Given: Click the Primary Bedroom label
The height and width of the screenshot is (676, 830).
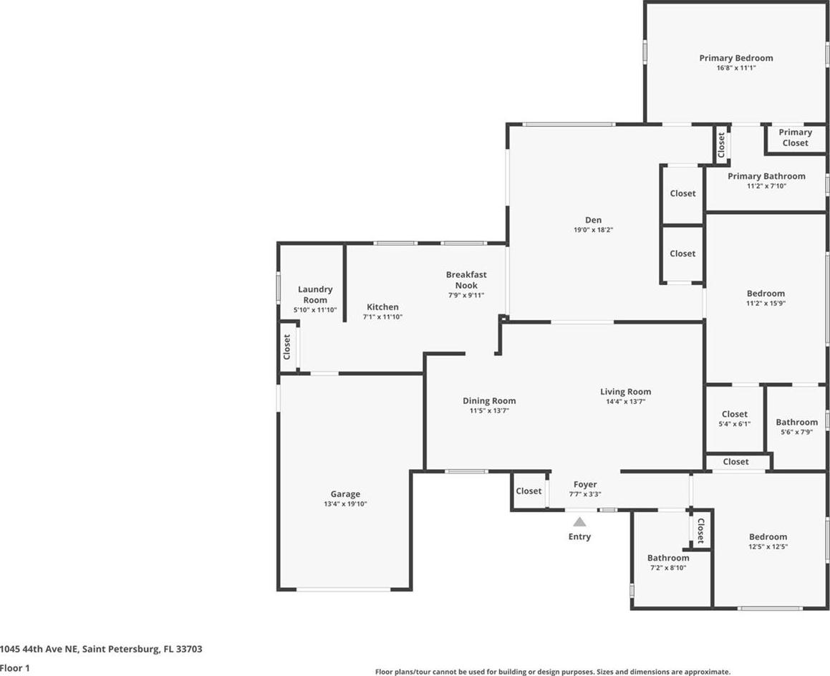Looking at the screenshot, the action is pos(735,58).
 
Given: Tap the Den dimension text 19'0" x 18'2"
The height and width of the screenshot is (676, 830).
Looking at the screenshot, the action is pos(594,230).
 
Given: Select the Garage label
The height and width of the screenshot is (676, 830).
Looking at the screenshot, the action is pos(345,494).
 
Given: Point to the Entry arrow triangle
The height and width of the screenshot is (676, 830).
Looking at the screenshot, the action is pos(579,522).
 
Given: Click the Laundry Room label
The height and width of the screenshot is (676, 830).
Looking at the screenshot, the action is pos(315,294).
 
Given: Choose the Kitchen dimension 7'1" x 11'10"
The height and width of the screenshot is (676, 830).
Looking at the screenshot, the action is pos(382,317).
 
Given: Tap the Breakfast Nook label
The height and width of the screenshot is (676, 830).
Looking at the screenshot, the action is pos(465,279).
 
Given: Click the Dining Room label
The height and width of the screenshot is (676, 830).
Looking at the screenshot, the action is pos(489,401).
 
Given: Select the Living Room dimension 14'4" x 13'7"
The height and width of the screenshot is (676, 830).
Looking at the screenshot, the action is pos(626,401).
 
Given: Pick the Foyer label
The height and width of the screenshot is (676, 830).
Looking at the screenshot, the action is pos(585,484).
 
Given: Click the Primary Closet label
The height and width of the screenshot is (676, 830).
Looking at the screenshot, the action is pos(795,137).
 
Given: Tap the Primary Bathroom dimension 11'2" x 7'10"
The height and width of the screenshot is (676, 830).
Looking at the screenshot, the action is pos(766,185).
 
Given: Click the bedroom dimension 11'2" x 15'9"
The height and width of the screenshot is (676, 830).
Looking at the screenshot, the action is pos(766,304).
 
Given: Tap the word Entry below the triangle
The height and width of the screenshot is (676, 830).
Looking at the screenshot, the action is pos(579,536).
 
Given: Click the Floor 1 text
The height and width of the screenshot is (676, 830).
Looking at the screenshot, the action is pos(15,667).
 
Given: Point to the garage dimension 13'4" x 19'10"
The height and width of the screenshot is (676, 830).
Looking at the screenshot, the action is pos(345,504).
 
